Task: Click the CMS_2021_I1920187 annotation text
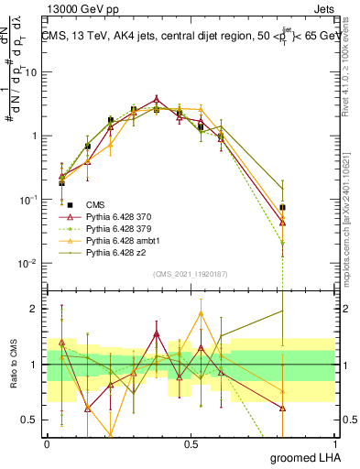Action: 191,273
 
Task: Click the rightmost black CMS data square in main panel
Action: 282,207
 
